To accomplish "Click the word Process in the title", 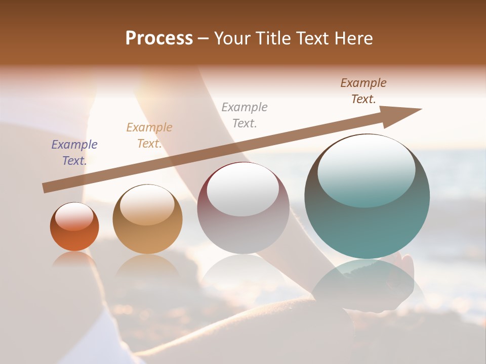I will point(159,38).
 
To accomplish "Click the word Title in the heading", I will point(273,38).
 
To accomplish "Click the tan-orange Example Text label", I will point(149,135).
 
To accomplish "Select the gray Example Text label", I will point(245,115).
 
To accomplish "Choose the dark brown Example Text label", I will point(363,91).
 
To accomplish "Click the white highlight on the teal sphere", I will point(366,169).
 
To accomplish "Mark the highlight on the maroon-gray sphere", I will point(242,189).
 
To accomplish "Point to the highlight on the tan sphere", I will point(147,205).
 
